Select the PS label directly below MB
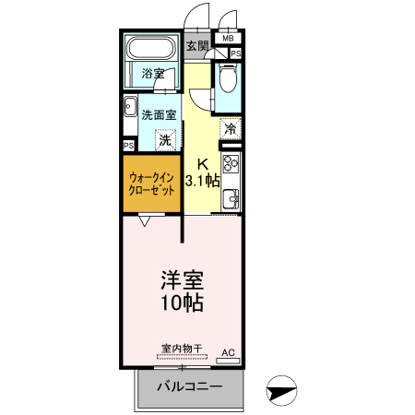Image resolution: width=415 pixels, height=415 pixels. (x=236, y=53)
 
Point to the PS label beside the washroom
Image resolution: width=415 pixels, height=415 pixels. (x=128, y=146)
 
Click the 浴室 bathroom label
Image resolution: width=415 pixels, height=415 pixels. (x=152, y=74)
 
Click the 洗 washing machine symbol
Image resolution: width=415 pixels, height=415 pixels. (x=164, y=140)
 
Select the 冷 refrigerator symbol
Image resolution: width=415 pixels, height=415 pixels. (x=230, y=130)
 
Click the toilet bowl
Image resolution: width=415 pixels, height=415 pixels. (x=228, y=80)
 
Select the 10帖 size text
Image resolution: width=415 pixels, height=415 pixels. (x=181, y=303)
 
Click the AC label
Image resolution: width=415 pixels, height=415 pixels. (x=227, y=352)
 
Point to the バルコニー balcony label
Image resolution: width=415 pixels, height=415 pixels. (x=188, y=385)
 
